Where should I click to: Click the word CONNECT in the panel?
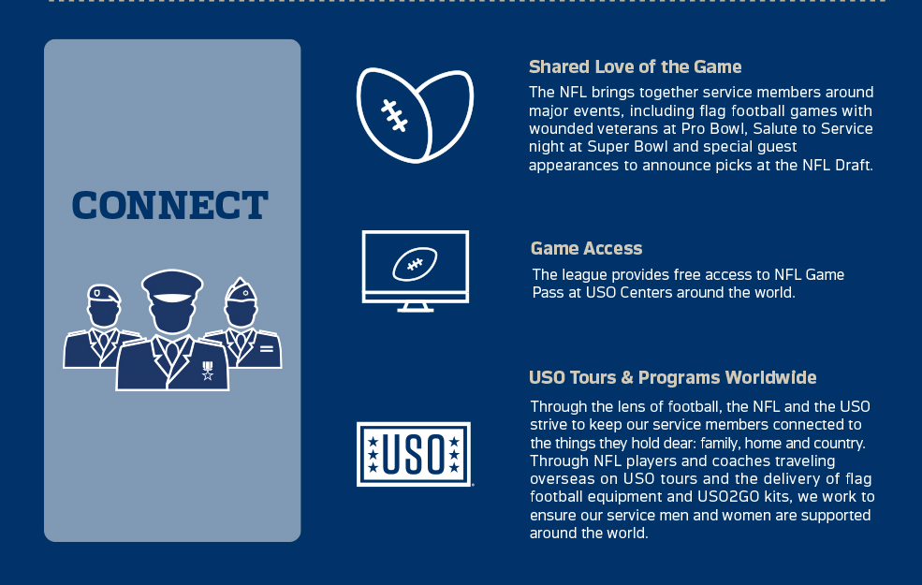170,206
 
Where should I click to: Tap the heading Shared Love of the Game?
635,67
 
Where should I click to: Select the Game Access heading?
586,248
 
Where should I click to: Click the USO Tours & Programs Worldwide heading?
672,377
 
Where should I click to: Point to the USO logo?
414,454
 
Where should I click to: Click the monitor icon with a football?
415,271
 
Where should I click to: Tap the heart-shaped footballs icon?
415,115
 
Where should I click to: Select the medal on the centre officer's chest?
208,371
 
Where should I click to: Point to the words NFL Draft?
834,165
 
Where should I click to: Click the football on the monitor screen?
415,264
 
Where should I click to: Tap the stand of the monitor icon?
415,306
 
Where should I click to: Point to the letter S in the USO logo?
414,455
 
